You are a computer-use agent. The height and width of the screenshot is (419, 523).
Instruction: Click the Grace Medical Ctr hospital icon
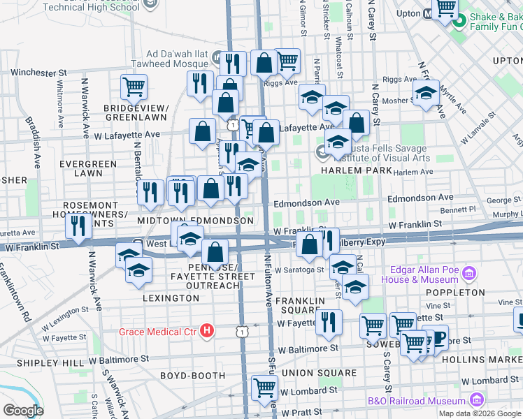click(x=206, y=330)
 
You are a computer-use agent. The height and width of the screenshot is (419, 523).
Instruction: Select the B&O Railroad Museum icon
click(x=478, y=400)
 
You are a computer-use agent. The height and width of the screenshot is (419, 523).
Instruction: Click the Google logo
click(x=23, y=411)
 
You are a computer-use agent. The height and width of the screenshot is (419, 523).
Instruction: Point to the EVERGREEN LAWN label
click(x=88, y=168)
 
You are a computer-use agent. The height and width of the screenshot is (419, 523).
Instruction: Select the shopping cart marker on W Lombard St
click(x=265, y=388)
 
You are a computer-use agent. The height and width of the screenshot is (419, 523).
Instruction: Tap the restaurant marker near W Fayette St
click(x=328, y=321)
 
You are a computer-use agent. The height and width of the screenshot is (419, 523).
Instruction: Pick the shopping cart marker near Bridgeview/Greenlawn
click(x=133, y=87)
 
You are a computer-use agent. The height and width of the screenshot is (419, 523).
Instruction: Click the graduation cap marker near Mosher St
click(x=426, y=92)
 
